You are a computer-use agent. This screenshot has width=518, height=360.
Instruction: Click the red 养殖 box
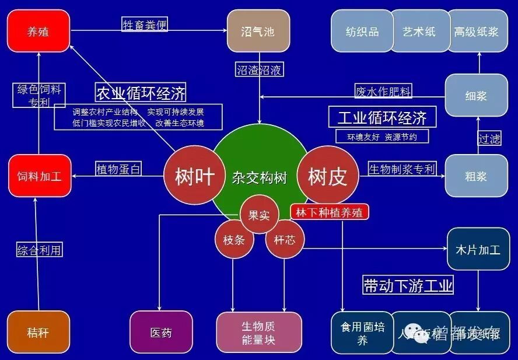click(x=38, y=31)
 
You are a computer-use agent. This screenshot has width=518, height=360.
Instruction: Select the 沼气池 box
click(x=258, y=31)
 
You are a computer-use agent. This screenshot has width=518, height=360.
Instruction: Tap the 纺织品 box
click(x=362, y=31)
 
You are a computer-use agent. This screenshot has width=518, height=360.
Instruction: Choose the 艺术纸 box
click(x=419, y=31)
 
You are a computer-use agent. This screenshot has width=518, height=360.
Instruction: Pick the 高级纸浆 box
click(x=477, y=31)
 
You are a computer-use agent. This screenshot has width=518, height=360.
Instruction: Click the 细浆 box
click(x=477, y=95)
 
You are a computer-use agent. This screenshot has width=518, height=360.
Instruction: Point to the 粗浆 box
click(x=477, y=176)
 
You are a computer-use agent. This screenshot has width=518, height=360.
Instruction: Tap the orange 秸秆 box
click(x=38, y=333)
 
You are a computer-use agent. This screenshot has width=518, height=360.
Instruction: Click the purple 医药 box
click(x=161, y=333)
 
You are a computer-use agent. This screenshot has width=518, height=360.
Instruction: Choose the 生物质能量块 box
click(x=259, y=333)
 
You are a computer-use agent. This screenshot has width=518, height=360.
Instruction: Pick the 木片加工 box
click(x=478, y=249)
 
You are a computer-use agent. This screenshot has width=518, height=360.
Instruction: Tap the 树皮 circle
click(x=327, y=176)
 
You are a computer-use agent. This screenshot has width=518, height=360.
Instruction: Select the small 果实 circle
click(x=260, y=215)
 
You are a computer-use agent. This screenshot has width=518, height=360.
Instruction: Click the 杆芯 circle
click(x=285, y=239)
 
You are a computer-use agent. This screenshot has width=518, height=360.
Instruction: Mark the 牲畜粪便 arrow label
click(x=145, y=25)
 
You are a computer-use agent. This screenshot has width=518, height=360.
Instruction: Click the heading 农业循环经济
click(x=141, y=92)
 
